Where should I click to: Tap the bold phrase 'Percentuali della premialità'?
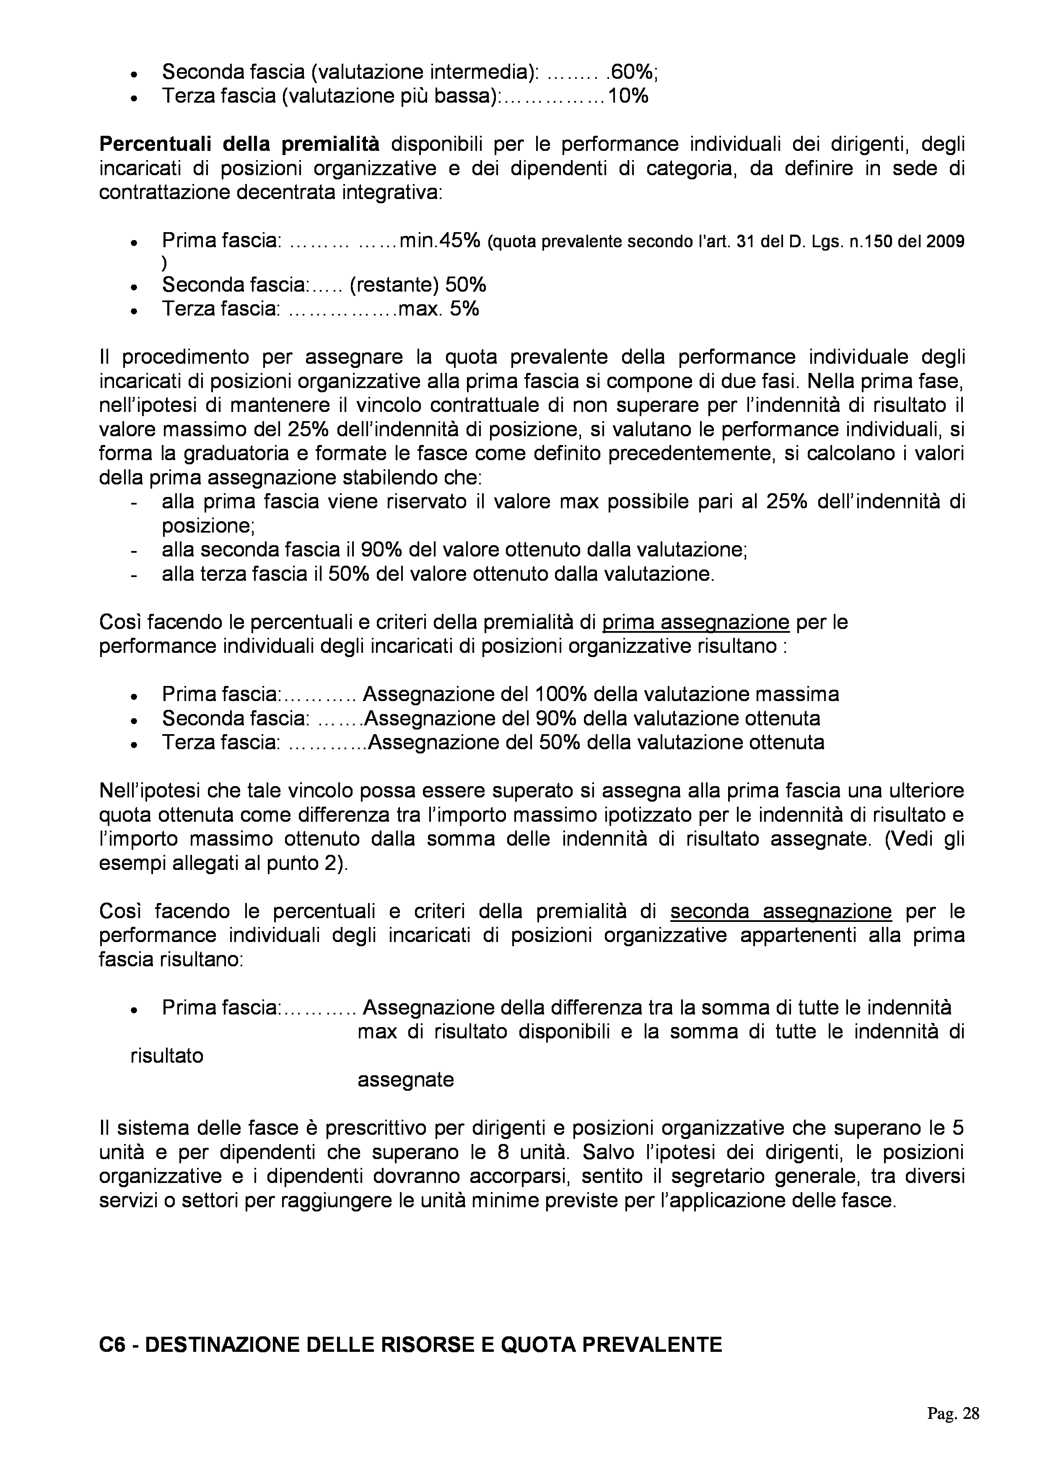(239, 145)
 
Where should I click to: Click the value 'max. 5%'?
(438, 309)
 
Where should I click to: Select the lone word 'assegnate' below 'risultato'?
(405, 1080)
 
